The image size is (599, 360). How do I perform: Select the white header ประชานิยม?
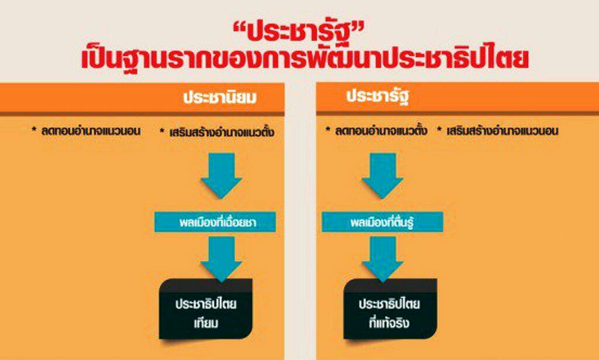pyautogui.click(x=220, y=97)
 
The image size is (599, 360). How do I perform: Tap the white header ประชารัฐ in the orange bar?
pyautogui.click(x=377, y=97)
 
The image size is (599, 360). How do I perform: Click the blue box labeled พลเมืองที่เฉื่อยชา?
pyautogui.click(x=215, y=222)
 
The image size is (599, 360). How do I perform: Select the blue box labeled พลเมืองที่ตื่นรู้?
pyautogui.click(x=382, y=222)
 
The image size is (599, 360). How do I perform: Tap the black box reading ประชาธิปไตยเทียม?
pyautogui.click(x=206, y=309)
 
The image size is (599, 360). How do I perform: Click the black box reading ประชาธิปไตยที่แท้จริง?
pyautogui.click(x=390, y=309)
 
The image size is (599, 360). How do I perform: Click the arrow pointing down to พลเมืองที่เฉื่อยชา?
pyautogui.click(x=221, y=176)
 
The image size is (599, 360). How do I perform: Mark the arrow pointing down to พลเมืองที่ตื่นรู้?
pyautogui.click(x=383, y=176)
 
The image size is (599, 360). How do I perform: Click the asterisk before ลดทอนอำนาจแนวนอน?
pyautogui.click(x=35, y=129)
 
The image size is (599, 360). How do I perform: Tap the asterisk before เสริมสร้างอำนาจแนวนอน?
pyautogui.click(x=440, y=129)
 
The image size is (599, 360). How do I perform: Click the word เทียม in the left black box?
pyautogui.click(x=206, y=323)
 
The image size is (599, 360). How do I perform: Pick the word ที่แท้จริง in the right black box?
pyautogui.click(x=389, y=323)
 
